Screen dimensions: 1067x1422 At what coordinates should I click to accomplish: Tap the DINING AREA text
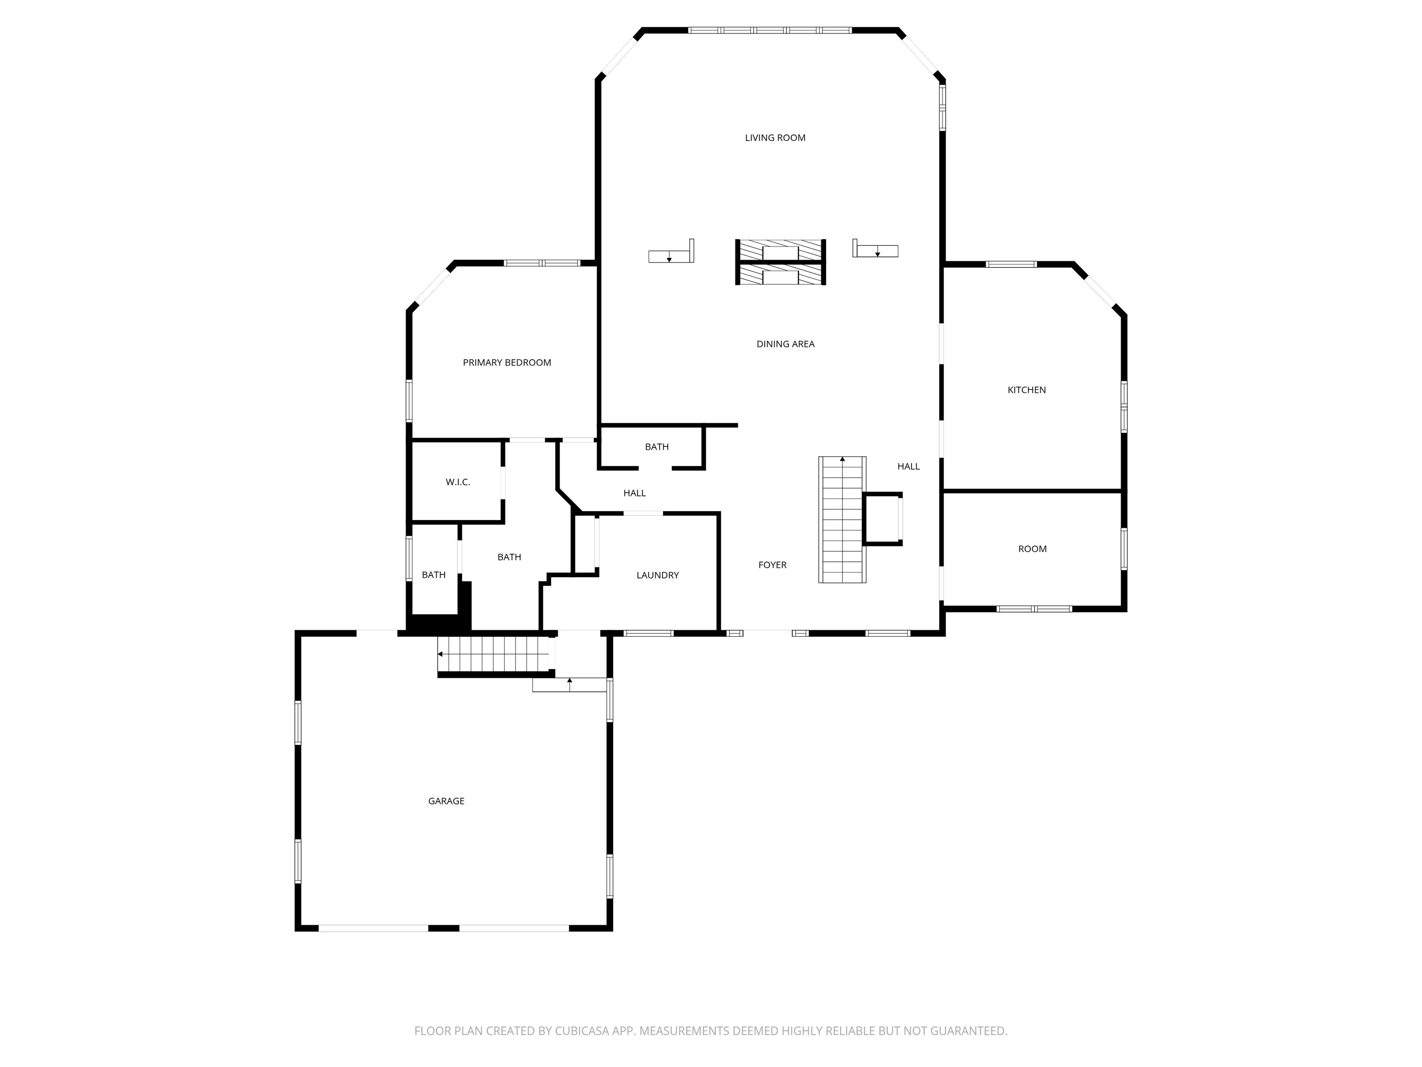pos(785,344)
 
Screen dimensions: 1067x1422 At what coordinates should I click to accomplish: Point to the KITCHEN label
pos(1026,390)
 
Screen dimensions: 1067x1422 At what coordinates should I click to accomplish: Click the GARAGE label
pos(446,801)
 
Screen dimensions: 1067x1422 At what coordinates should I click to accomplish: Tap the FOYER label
pos(772,565)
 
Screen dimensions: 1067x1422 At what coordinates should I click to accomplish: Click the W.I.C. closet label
pos(458,482)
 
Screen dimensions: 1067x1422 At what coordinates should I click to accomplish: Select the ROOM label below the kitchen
pos(1032,549)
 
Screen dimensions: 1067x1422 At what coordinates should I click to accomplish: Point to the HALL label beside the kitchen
pos(908,466)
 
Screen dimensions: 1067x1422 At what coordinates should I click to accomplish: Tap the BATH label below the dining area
pos(656,446)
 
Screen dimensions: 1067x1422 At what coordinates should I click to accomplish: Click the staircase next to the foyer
pos(842,520)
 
